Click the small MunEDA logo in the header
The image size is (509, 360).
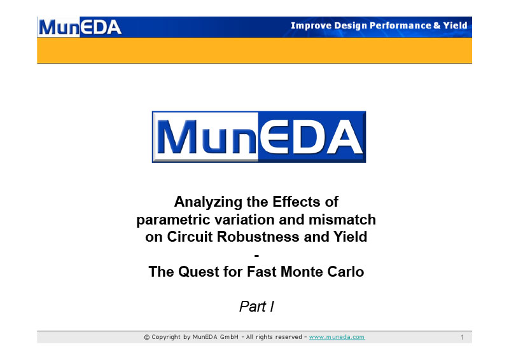click(80, 27)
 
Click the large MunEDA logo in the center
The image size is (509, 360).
click(259, 137)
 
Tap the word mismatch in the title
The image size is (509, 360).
click(342, 219)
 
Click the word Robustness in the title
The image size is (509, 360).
click(258, 237)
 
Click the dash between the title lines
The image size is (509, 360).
click(256, 256)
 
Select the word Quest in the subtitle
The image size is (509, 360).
click(199, 272)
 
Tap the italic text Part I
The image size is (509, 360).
click(256, 307)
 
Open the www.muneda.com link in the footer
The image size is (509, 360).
click(337, 337)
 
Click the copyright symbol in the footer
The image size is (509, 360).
click(147, 338)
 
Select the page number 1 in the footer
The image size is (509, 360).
click(462, 338)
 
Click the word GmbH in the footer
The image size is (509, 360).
click(229, 337)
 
